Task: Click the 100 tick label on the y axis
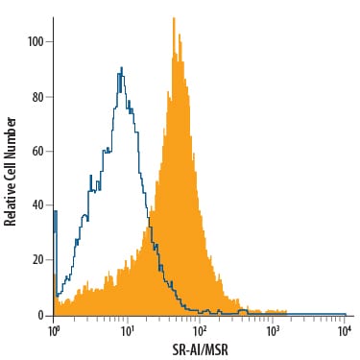pyautogui.click(x=36, y=42)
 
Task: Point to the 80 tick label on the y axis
pyautogui.click(x=37, y=97)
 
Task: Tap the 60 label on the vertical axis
pyautogui.click(x=37, y=151)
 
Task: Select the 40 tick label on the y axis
pyautogui.click(x=37, y=205)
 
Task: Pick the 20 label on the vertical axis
pyautogui.click(x=37, y=259)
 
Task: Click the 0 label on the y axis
pyautogui.click(x=40, y=316)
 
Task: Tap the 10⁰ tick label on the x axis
pyautogui.click(x=53, y=331)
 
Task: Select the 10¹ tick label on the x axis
pyautogui.click(x=127, y=331)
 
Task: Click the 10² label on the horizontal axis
pyautogui.click(x=199, y=331)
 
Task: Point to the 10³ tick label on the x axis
pyautogui.click(x=272, y=331)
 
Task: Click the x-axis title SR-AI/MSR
pyautogui.click(x=201, y=350)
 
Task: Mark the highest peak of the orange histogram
pyautogui.click(x=174, y=18)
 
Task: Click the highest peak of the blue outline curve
pyautogui.click(x=122, y=67)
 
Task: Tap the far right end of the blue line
pyautogui.click(x=346, y=314)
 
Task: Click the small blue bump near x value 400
pyautogui.click(x=243, y=310)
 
